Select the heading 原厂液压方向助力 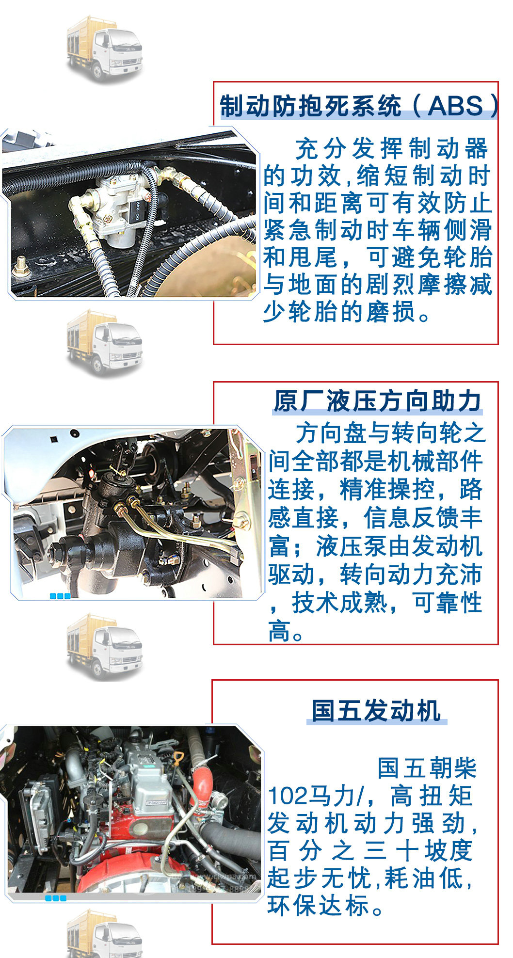tap(377, 401)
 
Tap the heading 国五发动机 tap(376, 711)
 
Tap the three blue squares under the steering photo tap(60, 596)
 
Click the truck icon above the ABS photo tap(104, 48)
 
